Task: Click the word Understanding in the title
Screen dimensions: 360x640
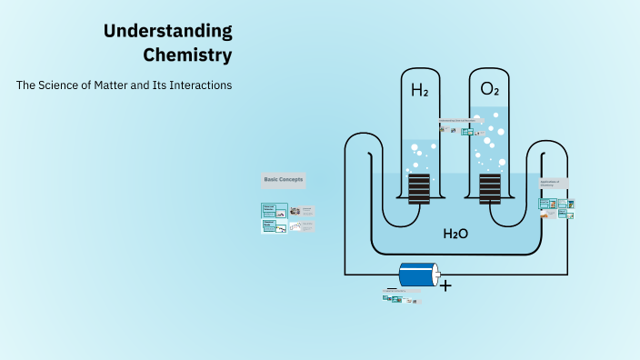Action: pyautogui.click(x=167, y=31)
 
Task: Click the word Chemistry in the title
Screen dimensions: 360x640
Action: pyautogui.click(x=187, y=55)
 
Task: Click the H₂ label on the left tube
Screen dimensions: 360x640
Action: pyautogui.click(x=419, y=90)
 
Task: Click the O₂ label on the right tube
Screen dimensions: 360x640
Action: pyautogui.click(x=489, y=89)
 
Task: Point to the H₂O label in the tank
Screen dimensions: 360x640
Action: pyautogui.click(x=455, y=234)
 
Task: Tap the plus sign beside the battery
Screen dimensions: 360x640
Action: pyautogui.click(x=445, y=285)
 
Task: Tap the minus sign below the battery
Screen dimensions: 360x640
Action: pyautogui.click(x=392, y=288)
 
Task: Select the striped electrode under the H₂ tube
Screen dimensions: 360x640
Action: pyautogui.click(x=419, y=188)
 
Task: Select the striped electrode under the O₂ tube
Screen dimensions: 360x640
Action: pyautogui.click(x=490, y=188)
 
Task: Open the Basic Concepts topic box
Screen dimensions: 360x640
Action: pyautogui.click(x=284, y=180)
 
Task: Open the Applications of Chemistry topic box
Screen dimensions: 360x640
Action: pyautogui.click(x=554, y=183)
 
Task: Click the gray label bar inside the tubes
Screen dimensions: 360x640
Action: pyautogui.click(x=458, y=119)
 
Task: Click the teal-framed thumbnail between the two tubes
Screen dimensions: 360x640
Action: pyautogui.click(x=467, y=132)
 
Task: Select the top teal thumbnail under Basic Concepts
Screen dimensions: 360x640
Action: pyautogui.click(x=269, y=210)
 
